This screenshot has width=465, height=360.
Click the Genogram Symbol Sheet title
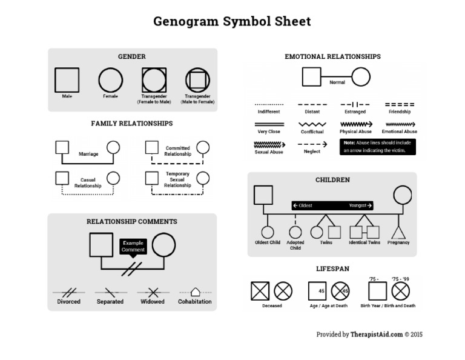232,22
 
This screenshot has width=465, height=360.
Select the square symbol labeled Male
67,80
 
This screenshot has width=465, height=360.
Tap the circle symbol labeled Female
110,80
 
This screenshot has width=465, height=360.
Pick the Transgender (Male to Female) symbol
197,80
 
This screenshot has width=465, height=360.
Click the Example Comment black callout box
133,246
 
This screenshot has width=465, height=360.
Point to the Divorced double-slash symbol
68,292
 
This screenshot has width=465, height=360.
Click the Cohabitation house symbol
195,292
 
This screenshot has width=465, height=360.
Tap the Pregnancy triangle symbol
398,232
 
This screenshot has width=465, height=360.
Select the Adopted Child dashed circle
295,232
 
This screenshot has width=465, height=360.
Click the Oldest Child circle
267,232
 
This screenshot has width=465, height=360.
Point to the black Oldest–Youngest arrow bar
332,205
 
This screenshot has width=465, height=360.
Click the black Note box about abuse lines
378,147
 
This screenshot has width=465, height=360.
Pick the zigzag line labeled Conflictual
312,124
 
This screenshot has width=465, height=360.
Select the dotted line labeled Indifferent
269,104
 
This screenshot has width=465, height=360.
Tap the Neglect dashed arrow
312,144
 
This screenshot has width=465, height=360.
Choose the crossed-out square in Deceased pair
260,291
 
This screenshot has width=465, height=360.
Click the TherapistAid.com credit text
369,334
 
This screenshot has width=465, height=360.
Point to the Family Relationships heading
132,123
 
